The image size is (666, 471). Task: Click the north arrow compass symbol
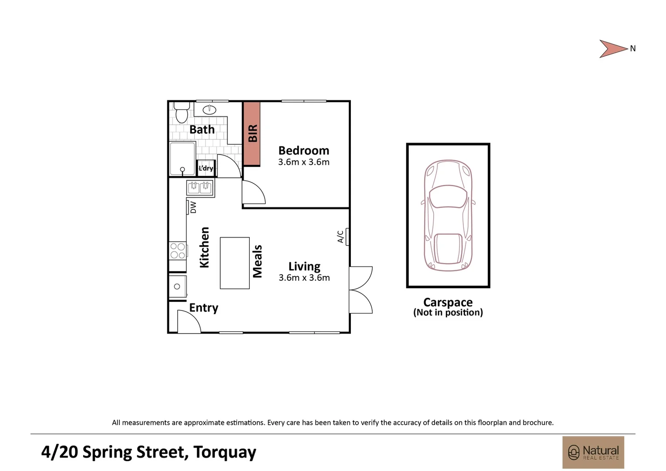click(x=612, y=49)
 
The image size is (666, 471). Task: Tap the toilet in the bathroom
click(x=181, y=113)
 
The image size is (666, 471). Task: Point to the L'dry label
click(x=206, y=168)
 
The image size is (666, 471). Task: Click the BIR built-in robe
click(x=252, y=133)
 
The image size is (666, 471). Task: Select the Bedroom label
click(x=304, y=150)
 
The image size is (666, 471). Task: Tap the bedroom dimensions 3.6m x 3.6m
click(x=304, y=162)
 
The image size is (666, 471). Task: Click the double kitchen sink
click(x=200, y=188)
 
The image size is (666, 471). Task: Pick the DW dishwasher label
click(x=193, y=207)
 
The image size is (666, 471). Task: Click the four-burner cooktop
click(x=178, y=251)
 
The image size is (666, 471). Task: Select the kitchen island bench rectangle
click(x=234, y=263)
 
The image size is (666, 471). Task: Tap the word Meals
click(x=258, y=261)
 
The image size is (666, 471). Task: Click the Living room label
click(x=304, y=266)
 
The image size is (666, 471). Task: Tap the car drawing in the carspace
click(x=448, y=215)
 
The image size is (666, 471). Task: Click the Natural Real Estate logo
click(x=593, y=452)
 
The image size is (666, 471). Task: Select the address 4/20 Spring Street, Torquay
click(x=149, y=452)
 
